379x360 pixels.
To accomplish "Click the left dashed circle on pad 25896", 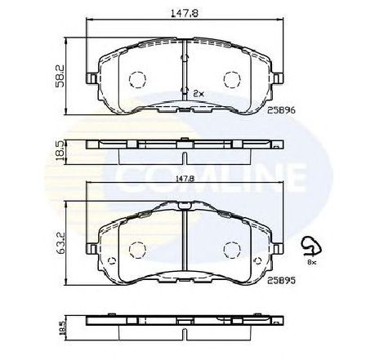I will click(x=138, y=79).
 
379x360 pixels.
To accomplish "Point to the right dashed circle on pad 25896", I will click(x=232, y=79).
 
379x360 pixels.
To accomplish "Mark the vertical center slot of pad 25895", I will click(x=185, y=237).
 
